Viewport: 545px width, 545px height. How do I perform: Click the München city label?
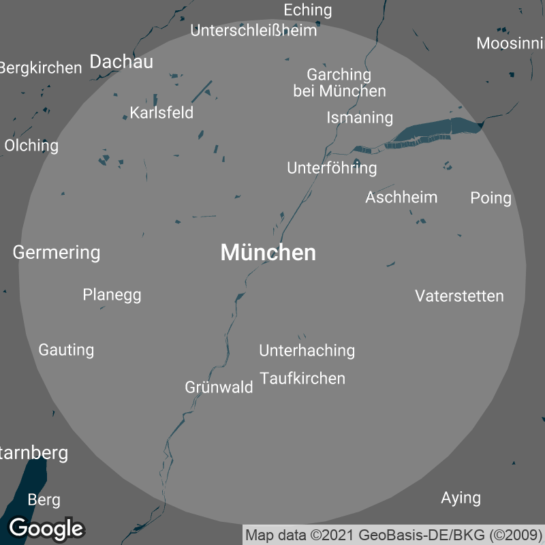coord(268,253)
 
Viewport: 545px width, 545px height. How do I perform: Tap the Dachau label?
coord(121,61)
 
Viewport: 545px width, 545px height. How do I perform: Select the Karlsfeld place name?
coord(161,112)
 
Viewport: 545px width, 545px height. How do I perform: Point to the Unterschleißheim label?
coord(253,31)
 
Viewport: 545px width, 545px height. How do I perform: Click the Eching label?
coord(307,10)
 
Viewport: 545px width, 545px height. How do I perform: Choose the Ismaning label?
coord(360,117)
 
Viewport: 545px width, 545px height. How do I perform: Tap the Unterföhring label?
coord(332,168)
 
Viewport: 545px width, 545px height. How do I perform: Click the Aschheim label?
coord(401,198)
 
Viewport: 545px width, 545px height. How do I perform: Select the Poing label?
coord(490,198)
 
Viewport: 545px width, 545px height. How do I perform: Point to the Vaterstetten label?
coord(459,296)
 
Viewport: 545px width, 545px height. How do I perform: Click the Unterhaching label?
coord(307,350)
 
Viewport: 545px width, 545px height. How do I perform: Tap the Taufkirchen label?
coord(302,378)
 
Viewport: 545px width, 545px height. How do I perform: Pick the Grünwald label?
coord(219,387)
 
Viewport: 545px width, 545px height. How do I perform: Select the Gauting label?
coord(66,350)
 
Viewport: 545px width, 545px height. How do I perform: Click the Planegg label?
coord(112,295)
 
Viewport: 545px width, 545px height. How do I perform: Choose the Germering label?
coord(57,253)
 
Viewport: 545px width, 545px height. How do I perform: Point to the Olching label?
coord(31,146)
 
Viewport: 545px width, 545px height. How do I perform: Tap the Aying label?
coord(461,498)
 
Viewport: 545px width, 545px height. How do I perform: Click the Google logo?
coord(46,528)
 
